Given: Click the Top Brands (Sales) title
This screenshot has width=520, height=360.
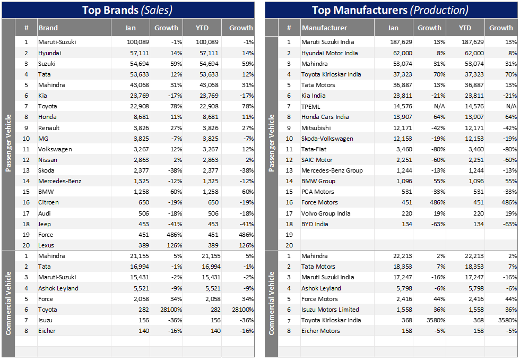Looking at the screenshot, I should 127,10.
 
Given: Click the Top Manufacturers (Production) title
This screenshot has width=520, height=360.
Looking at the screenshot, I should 390,10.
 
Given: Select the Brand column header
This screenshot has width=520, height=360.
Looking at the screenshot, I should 48,28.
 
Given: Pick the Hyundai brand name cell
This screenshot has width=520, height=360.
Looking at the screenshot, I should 50,53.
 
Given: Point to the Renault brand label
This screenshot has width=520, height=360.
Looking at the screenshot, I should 49,128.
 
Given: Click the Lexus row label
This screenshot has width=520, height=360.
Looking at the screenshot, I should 46,245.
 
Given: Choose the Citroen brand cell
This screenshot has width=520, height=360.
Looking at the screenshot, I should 48,202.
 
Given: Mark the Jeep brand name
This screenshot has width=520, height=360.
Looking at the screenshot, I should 45,224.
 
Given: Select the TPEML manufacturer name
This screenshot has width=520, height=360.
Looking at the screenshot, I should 311,106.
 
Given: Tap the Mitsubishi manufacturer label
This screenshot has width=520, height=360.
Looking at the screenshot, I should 316,128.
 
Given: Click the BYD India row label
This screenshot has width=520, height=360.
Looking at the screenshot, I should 315,224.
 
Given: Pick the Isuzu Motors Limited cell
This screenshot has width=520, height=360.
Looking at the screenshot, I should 330,310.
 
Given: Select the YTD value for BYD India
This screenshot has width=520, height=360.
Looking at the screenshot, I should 476,224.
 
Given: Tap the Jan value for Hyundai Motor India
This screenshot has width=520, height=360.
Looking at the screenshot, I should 402,53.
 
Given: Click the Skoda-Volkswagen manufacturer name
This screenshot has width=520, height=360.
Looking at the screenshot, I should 327,139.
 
